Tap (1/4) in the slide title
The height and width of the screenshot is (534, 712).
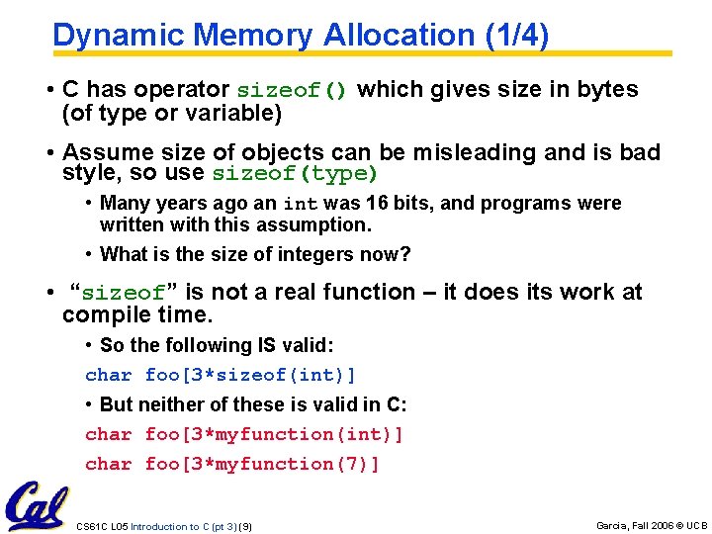click(516, 36)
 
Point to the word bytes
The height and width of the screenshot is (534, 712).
click(609, 89)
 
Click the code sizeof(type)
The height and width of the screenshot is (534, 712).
click(294, 175)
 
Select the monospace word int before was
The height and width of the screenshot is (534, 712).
click(300, 205)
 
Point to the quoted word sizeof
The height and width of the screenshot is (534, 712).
click(124, 293)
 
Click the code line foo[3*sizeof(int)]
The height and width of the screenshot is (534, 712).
click(249, 375)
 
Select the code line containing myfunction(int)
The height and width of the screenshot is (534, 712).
click(244, 434)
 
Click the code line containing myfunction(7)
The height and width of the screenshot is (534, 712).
click(232, 464)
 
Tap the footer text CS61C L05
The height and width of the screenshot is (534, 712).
click(102, 526)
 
